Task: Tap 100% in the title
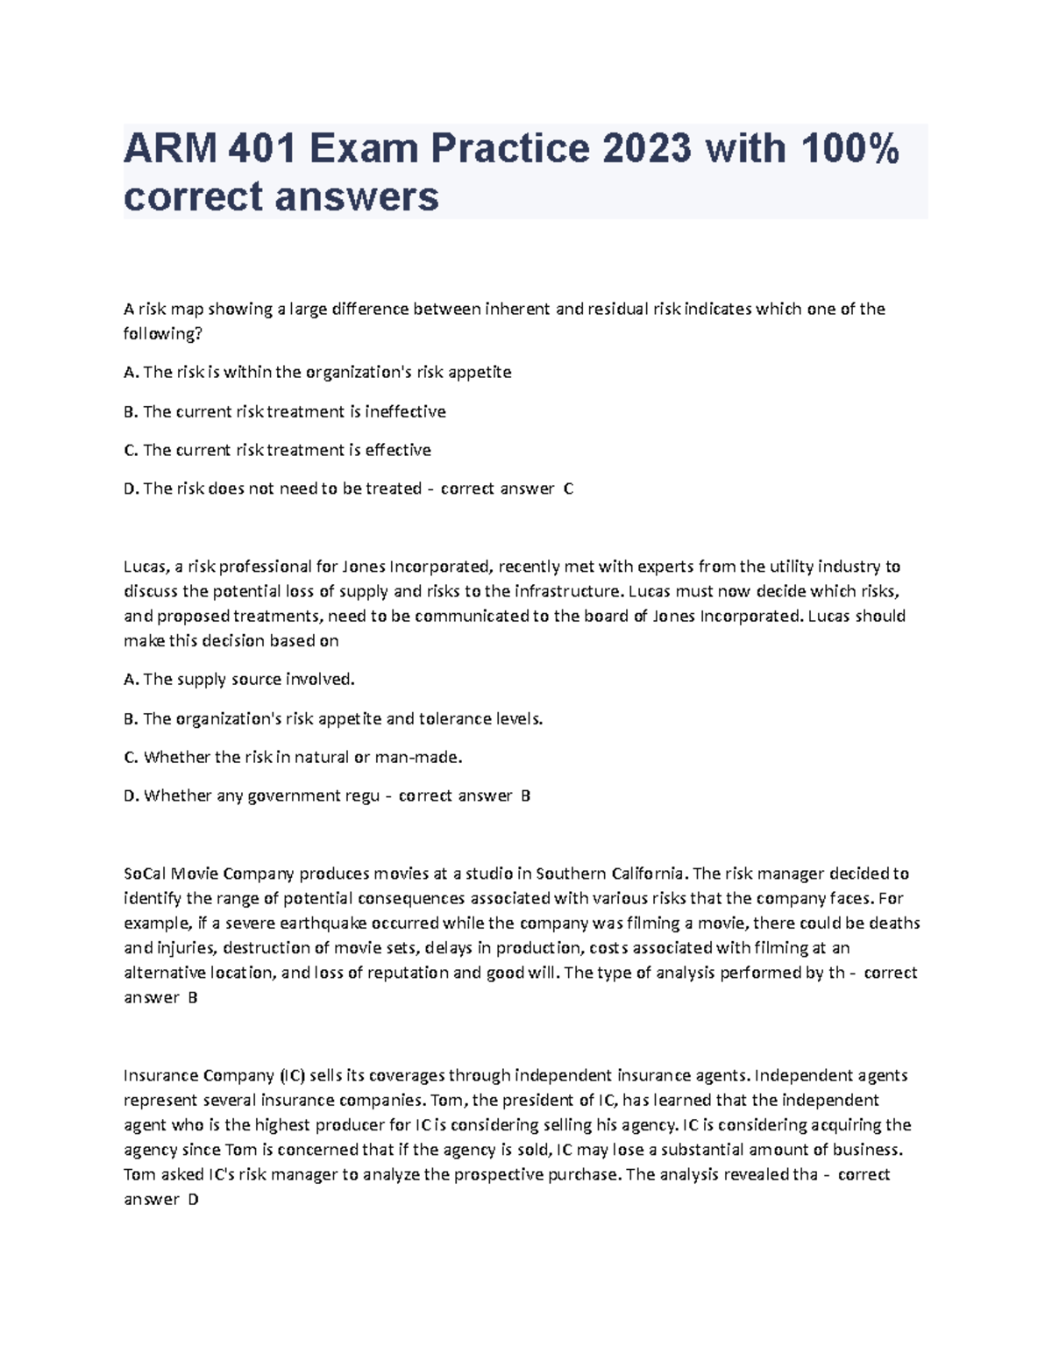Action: pos(849,148)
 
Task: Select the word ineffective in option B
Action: pos(406,411)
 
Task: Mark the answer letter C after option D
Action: pos(568,488)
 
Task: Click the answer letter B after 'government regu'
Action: pos(525,796)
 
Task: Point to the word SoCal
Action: pos(145,874)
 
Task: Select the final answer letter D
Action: pos(194,1200)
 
